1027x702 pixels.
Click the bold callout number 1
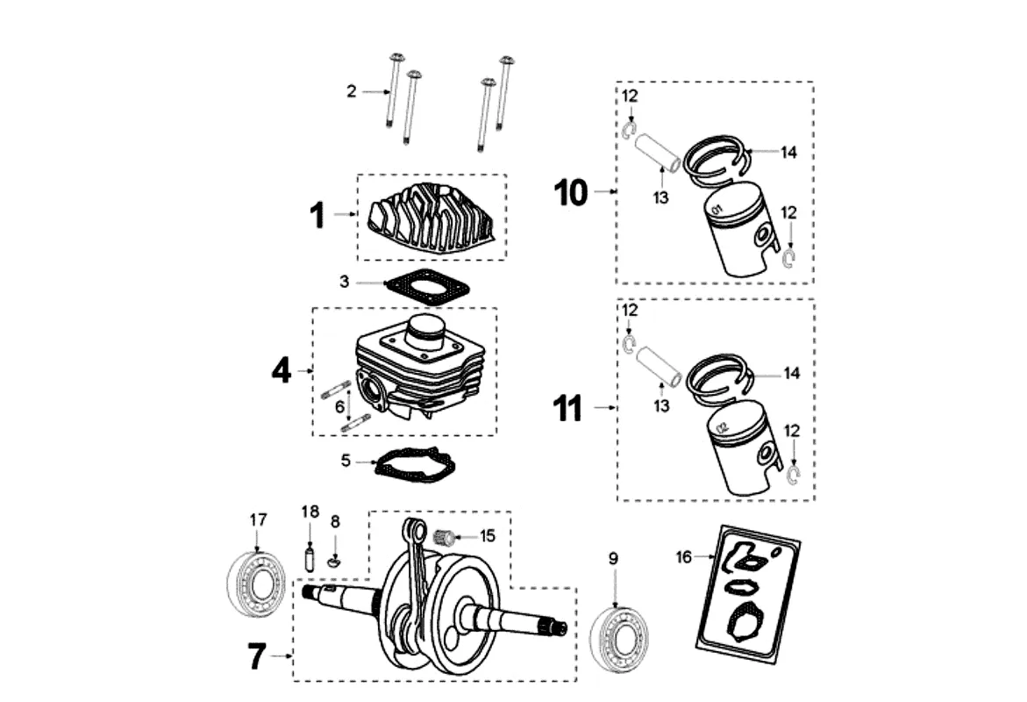click(317, 215)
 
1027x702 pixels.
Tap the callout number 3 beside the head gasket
click(345, 283)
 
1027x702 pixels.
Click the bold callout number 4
click(282, 372)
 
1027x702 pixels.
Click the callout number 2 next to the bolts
click(352, 91)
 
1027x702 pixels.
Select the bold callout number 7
click(257, 656)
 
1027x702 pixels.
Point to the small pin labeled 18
click(310, 556)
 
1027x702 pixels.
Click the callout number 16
click(684, 557)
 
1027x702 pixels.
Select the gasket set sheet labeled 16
click(748, 593)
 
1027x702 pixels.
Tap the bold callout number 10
click(571, 193)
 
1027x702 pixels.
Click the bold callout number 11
click(567, 408)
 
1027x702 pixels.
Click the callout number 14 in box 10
click(789, 153)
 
